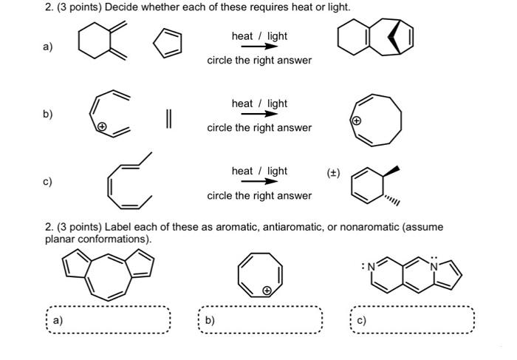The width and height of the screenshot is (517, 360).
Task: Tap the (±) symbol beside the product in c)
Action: point(333,171)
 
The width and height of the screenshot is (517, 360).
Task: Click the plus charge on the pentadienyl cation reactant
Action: point(103,127)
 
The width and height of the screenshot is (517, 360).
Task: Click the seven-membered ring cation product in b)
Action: point(377,120)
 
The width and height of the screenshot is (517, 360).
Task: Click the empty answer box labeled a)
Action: point(109,320)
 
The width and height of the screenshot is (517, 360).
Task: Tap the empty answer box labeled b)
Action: point(261,320)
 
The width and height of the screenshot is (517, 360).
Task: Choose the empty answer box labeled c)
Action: point(413,320)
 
